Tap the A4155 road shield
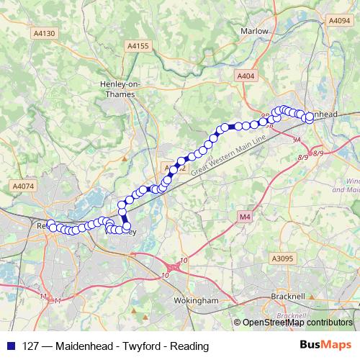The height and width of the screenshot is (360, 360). [x=137, y=46]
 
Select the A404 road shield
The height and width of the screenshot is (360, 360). [x=246, y=74]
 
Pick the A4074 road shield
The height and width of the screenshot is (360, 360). [x=23, y=186]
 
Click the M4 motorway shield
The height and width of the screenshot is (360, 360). [x=243, y=216]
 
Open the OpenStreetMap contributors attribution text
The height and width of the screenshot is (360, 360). [x=297, y=323]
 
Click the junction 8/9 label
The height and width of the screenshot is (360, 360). [x=302, y=157]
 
